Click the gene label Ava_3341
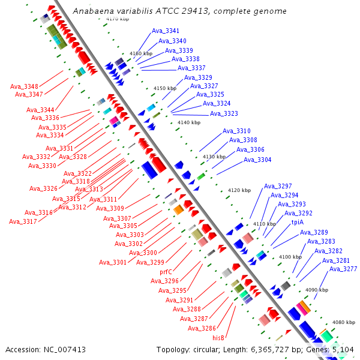[165, 31]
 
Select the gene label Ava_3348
[24, 86]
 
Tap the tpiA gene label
[298, 222]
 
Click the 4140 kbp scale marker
[189, 122]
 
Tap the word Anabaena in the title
[91, 11]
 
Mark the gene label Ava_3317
[23, 221]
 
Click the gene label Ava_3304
[257, 160]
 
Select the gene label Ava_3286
[202, 328]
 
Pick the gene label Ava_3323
[224, 113]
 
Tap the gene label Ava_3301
[113, 262]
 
